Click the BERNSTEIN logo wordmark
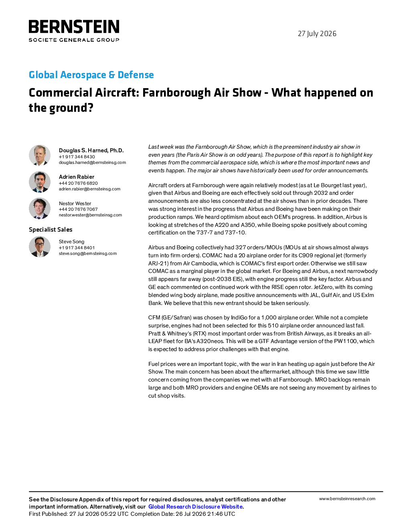click(74, 26)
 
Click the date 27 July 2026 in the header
click(317, 34)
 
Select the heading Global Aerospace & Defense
click(91, 75)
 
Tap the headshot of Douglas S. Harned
click(40, 155)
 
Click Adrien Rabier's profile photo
click(40, 182)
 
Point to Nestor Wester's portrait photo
click(40, 208)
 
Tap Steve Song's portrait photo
click(40, 246)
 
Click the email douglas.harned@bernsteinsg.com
click(92, 162)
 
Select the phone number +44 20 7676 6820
click(78, 183)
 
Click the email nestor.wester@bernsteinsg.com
click(90, 215)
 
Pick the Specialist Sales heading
click(51, 230)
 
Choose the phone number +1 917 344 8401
click(77, 248)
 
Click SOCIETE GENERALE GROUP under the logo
click(74, 40)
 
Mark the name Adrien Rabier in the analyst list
click(77, 177)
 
